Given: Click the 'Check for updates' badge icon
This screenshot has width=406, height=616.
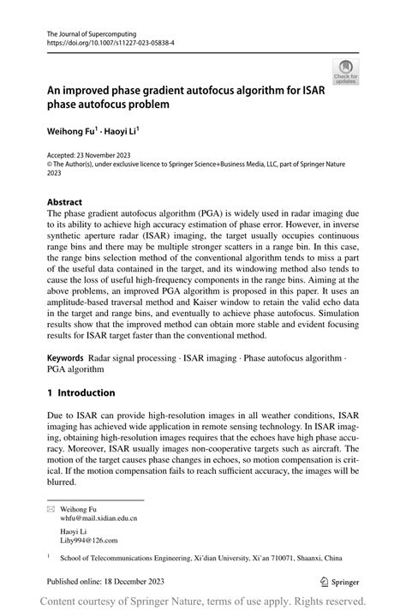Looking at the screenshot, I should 346,70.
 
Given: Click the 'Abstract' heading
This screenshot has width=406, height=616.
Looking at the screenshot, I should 65,203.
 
